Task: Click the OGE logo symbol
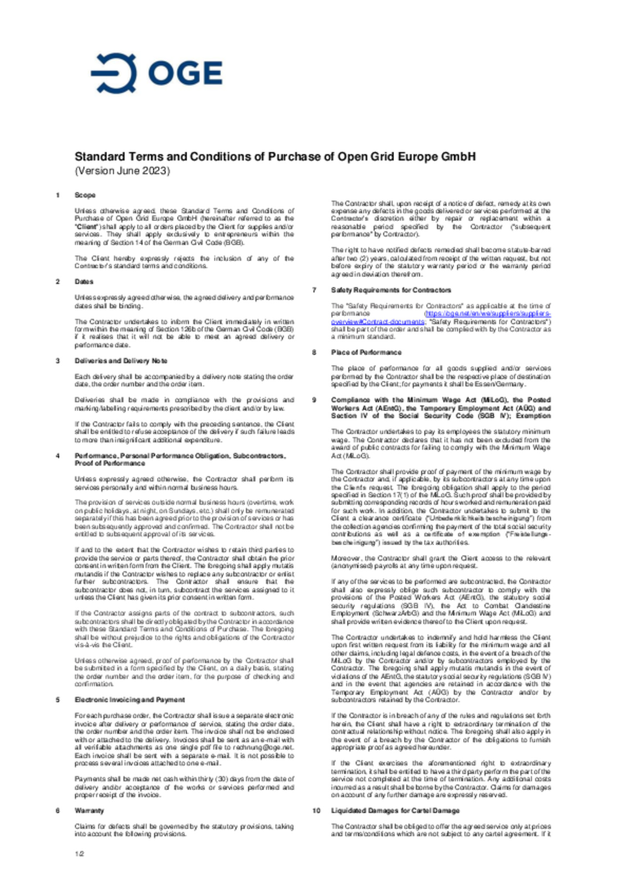tap(114, 73)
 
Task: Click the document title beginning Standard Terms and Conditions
tap(275, 157)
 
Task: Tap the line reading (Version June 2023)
tap(122, 171)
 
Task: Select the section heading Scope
tap(85, 195)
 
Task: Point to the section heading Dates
tap(84, 282)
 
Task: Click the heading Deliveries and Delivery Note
tap(121, 361)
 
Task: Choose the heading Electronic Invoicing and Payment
tap(130, 700)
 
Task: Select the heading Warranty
tap(89, 810)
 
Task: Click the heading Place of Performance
tap(366, 352)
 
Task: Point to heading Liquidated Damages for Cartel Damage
tap(395, 810)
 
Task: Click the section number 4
tap(58, 456)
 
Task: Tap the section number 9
tap(314, 400)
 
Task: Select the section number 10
tap(316, 810)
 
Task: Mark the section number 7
tap(314, 290)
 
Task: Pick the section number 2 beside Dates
tap(58, 282)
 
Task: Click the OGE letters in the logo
tap(185, 73)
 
